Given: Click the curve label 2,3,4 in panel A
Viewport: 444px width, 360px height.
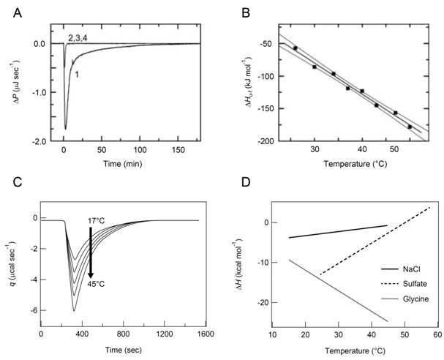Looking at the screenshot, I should [x=78, y=37].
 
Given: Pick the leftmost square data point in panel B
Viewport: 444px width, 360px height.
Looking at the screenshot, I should [x=296, y=48].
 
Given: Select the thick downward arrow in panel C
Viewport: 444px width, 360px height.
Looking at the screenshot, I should [x=90, y=252].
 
